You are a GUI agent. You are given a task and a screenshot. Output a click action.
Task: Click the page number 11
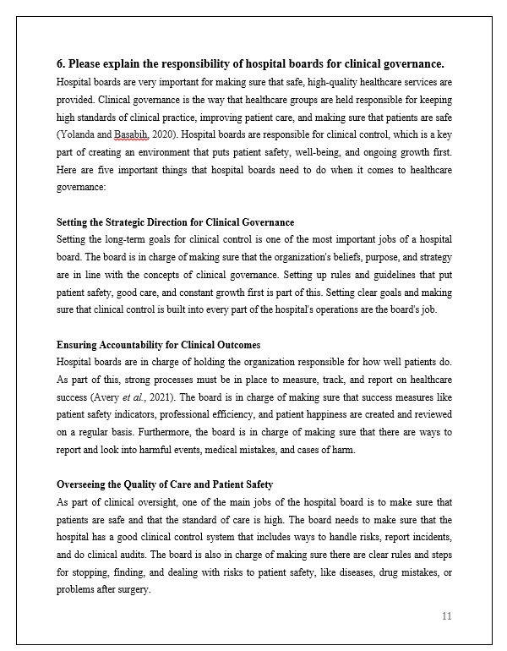[446, 616]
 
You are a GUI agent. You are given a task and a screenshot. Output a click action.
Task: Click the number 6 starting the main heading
[60, 63]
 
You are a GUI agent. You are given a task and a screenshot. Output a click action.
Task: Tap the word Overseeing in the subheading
[84, 484]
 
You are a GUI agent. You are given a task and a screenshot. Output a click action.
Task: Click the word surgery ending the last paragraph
[134, 590]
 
